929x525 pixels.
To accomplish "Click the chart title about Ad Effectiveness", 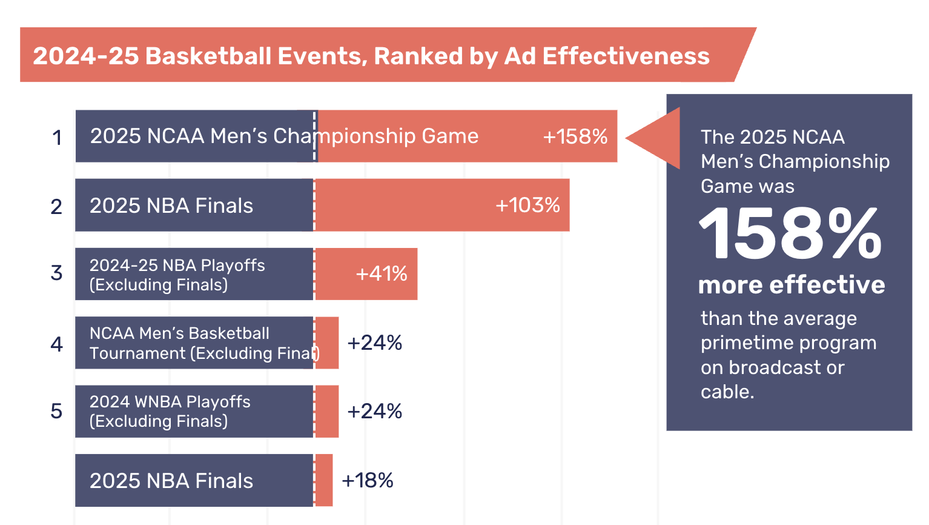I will click(x=371, y=56).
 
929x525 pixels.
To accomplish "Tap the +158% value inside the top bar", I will click(x=575, y=136).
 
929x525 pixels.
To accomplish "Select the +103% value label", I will click(x=527, y=205).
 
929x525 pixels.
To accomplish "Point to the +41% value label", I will click(x=381, y=273).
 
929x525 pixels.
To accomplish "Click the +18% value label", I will click(x=368, y=480).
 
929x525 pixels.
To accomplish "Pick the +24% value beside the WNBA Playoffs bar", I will click(x=374, y=411).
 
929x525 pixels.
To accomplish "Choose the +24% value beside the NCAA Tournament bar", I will click(x=374, y=343).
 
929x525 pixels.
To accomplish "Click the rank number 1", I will click(x=57, y=138).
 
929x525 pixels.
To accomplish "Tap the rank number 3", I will click(x=56, y=273).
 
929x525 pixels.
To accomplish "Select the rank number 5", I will click(x=56, y=411).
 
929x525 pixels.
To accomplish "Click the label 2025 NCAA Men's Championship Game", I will click(x=284, y=136).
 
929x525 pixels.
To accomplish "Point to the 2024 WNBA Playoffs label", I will click(x=170, y=411).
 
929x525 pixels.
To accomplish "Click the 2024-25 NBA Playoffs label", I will click(x=177, y=275).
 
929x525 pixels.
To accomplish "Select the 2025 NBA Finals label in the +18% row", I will click(x=171, y=481).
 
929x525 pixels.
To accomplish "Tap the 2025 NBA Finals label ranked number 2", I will click(x=171, y=206).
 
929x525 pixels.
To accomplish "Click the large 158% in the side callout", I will click(x=790, y=234).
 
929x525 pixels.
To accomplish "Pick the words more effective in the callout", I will click(x=791, y=284).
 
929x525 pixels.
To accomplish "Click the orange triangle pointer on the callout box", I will click(x=657, y=138).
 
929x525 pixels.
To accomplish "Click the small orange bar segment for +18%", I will click(x=324, y=480).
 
